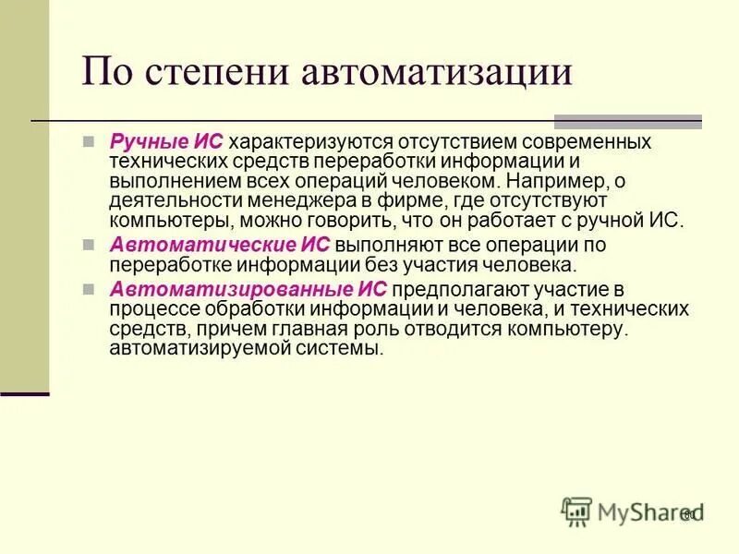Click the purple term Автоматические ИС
click(x=219, y=245)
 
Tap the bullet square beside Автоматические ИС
click(x=89, y=245)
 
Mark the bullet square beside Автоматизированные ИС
click(x=89, y=289)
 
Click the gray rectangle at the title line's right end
click(x=627, y=121)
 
